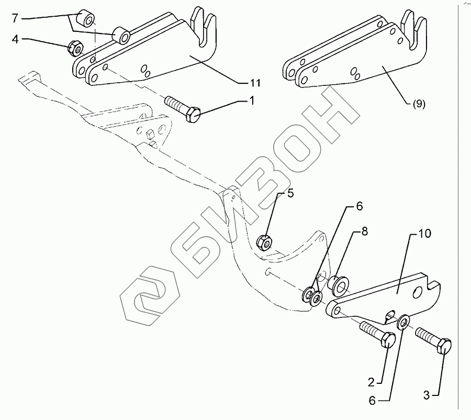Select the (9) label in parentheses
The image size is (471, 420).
pos(419,104)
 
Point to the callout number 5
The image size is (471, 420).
pos(289,194)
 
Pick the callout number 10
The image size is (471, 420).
pos(424,234)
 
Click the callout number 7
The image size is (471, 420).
pos(15,19)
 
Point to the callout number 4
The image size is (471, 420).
pos(16,39)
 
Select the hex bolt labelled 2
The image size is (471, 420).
pos(375,335)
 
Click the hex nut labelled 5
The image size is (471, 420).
pos(264,242)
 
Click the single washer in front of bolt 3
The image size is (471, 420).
pos(403,322)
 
